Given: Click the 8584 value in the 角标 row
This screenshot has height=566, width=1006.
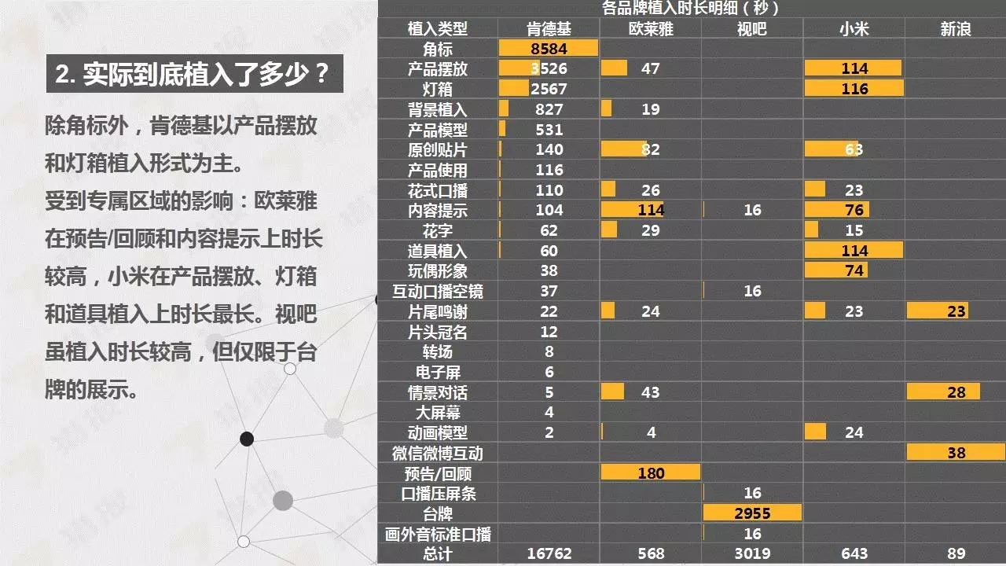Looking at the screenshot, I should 549,49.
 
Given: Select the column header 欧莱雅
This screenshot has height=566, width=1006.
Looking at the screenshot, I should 651,29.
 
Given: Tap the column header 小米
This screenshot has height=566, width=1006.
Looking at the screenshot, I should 854,29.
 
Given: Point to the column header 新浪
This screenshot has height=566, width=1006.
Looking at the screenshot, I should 956,29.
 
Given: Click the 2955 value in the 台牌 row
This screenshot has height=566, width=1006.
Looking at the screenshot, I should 752,513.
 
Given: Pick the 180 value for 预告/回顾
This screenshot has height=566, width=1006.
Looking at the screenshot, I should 651,473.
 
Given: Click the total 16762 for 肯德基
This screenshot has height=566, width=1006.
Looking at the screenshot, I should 549,553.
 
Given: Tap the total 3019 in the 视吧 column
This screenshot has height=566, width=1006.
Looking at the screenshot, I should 752,553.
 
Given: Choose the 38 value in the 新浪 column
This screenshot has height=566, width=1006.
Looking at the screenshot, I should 956,453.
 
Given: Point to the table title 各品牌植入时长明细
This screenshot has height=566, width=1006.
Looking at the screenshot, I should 691,9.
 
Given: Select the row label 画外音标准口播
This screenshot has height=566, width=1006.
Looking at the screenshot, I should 438,534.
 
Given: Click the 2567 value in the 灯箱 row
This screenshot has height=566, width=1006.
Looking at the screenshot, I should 549,89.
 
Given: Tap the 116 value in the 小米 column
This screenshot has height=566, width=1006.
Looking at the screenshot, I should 854,89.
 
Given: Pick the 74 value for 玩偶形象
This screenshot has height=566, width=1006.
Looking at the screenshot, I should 854,271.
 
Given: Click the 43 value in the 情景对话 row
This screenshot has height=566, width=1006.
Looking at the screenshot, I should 651,392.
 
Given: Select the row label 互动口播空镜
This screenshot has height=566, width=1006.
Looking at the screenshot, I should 438,292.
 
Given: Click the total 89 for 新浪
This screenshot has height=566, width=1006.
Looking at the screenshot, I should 956,553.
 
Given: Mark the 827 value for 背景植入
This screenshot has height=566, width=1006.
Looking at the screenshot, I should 549,109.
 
